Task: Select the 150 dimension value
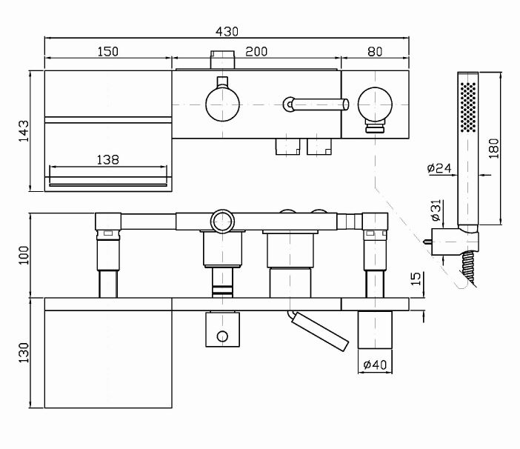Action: point(108,51)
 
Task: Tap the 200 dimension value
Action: point(256,51)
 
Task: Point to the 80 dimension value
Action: point(375,51)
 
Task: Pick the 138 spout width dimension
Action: point(108,159)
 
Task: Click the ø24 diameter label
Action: point(440,169)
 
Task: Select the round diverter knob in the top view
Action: point(221,102)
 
